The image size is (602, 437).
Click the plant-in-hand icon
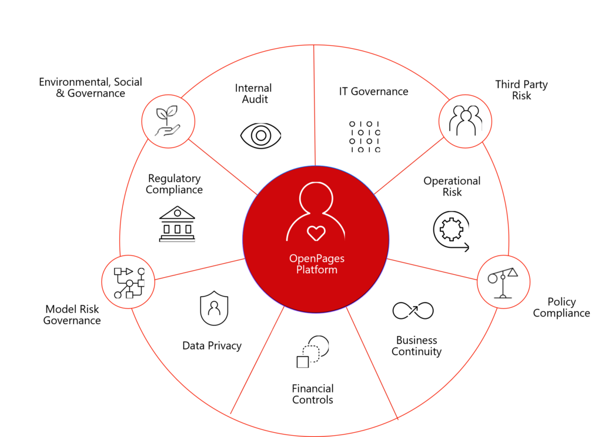pos(168,122)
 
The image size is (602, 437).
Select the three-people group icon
pos(465,121)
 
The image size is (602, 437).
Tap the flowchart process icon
pos(129,281)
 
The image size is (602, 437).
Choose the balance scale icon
pos(503,281)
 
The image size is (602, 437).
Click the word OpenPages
pos(316,258)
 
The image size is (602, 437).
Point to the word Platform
pos(316,270)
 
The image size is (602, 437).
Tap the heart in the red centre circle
pos(316,233)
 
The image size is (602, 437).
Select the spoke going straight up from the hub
pos(315,106)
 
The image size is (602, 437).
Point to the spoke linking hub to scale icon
pos(432,268)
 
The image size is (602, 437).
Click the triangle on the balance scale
pos(513,272)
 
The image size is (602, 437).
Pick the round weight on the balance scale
pos(493,278)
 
